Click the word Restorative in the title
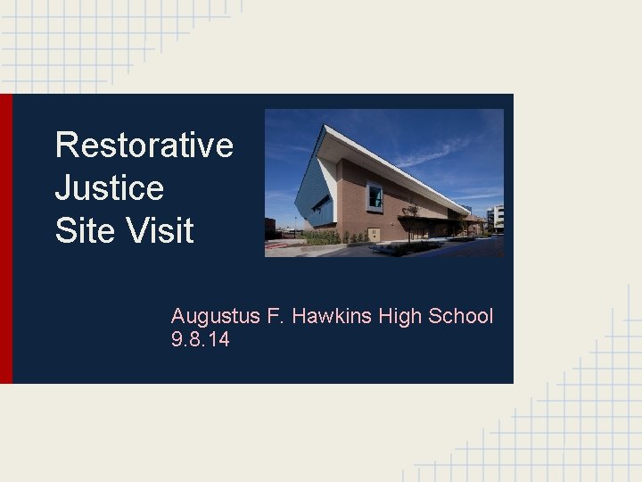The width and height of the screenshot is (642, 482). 144,145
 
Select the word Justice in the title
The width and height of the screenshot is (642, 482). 109,187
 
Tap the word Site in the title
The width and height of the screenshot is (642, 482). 80,231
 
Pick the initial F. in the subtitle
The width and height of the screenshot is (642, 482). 270,316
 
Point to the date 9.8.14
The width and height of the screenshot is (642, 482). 200,339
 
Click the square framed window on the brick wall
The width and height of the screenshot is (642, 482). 374,195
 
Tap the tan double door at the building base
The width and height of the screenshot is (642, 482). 373,234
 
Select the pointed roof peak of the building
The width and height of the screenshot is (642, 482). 326,129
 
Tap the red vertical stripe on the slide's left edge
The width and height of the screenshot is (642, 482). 6,238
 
